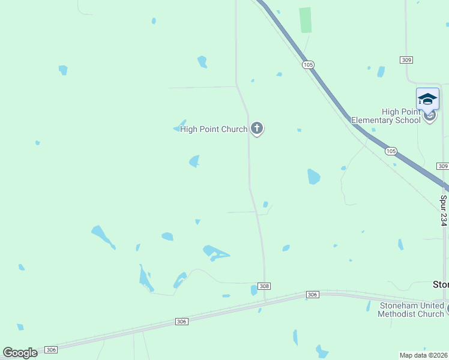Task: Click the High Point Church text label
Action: tap(214, 129)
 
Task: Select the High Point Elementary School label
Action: tap(386, 116)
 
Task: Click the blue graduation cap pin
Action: tap(427, 99)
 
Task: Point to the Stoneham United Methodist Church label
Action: tap(412, 310)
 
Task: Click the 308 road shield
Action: tap(264, 286)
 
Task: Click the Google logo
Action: tap(20, 353)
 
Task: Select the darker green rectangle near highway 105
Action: tap(306, 20)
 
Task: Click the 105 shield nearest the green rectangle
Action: tap(308, 64)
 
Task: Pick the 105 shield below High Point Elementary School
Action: tap(391, 151)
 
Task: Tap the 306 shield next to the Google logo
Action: tap(51, 350)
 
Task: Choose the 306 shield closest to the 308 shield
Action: tap(312, 294)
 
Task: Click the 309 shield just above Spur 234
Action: tap(443, 166)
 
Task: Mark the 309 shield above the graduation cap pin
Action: tap(406, 59)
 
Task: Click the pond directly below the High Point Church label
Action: tap(194, 161)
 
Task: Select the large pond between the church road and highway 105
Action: tap(313, 176)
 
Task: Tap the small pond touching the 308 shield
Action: tap(254, 290)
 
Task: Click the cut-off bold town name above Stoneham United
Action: tap(441, 284)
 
